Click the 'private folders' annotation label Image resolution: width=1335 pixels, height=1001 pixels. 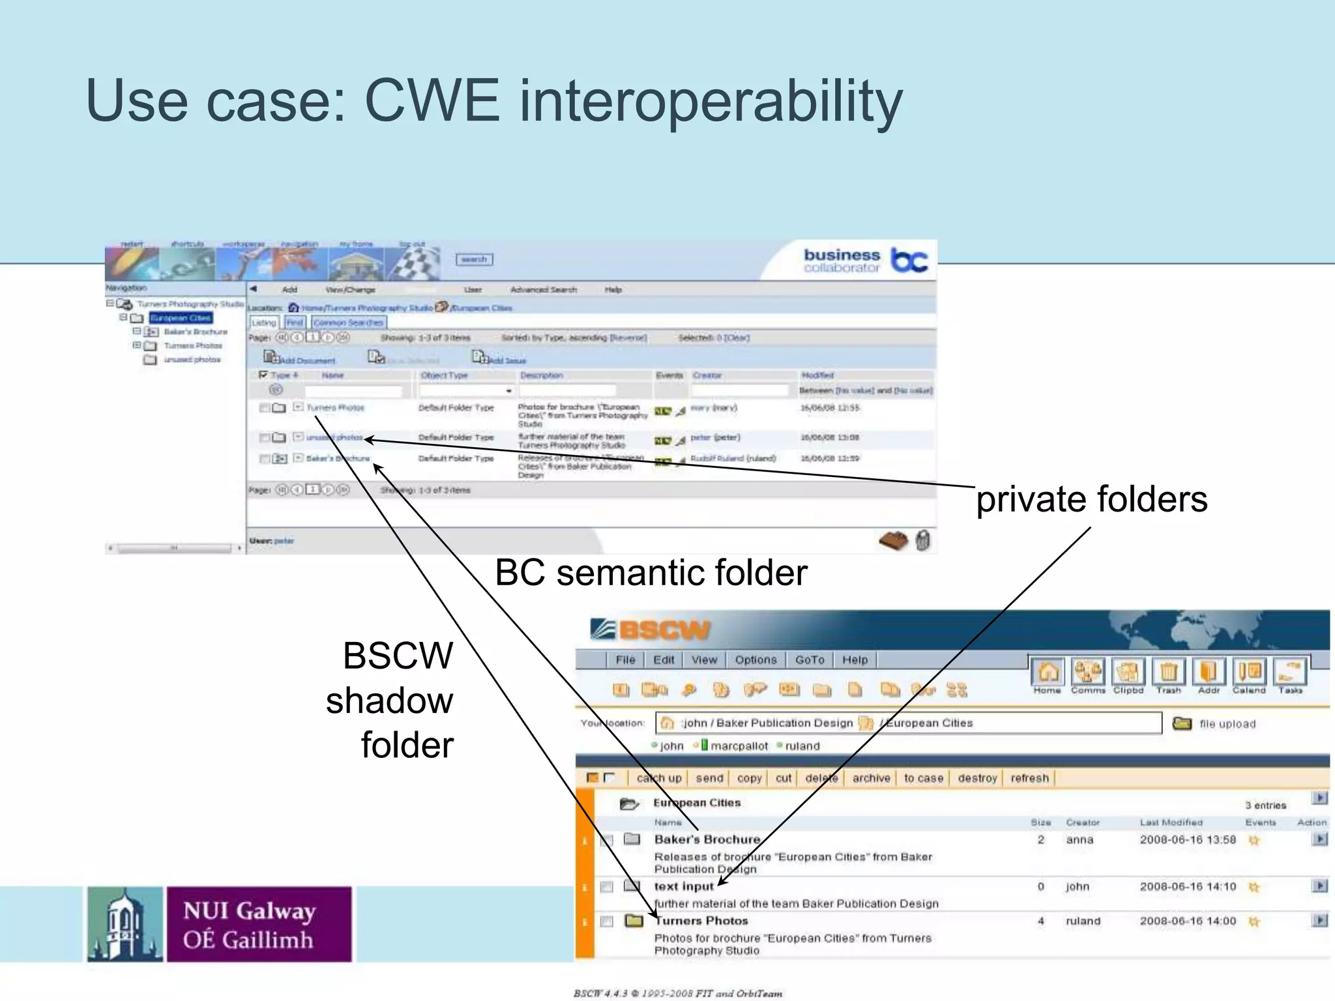1091,500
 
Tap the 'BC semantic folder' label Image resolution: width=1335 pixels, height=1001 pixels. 651,573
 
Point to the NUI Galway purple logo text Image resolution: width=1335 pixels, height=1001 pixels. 250,924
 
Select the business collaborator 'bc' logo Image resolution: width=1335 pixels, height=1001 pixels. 909,259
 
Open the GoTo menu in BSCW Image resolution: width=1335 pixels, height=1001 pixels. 810,660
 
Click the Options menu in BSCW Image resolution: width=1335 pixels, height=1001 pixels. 756,660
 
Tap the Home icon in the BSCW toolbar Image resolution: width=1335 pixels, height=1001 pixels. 1048,673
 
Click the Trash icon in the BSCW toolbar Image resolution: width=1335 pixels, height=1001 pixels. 1169,673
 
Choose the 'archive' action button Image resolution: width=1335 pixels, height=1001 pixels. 871,778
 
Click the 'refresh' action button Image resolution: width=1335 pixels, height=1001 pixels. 1029,778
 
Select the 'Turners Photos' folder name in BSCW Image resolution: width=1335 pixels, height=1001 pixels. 701,921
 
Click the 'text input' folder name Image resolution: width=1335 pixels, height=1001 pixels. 684,886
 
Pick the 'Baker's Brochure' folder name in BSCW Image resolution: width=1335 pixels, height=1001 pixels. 707,839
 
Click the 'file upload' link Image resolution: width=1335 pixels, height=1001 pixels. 1227,724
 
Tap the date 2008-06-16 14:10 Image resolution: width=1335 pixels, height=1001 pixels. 1188,886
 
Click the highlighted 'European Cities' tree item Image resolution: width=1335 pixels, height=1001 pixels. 181,318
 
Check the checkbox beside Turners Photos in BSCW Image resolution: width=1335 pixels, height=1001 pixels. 607,921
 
